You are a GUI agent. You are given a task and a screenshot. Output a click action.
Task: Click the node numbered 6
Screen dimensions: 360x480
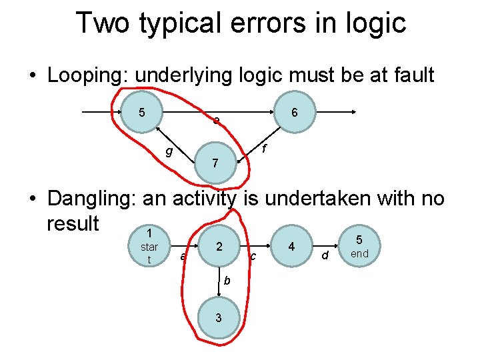(x=295, y=113)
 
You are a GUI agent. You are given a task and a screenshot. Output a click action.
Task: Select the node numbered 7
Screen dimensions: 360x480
(x=215, y=163)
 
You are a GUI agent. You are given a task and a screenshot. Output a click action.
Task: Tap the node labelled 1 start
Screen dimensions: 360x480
(x=149, y=247)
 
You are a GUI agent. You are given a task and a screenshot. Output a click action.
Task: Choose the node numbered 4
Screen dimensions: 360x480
(x=291, y=247)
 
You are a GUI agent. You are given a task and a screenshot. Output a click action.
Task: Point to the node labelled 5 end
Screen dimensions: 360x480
(x=359, y=247)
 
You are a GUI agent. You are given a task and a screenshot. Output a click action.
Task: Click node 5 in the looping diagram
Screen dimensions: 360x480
(x=142, y=112)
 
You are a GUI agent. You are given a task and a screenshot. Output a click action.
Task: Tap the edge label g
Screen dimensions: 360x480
(x=169, y=151)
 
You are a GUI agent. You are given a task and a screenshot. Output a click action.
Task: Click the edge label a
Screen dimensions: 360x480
(x=183, y=256)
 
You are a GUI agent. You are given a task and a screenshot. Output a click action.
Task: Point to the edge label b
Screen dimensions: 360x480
(x=227, y=280)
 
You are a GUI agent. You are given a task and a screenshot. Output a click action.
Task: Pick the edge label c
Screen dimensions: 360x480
(x=253, y=256)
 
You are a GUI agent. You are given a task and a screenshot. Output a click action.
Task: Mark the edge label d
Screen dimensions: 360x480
(x=325, y=255)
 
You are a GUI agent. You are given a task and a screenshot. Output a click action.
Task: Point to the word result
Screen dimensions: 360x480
(x=73, y=222)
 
